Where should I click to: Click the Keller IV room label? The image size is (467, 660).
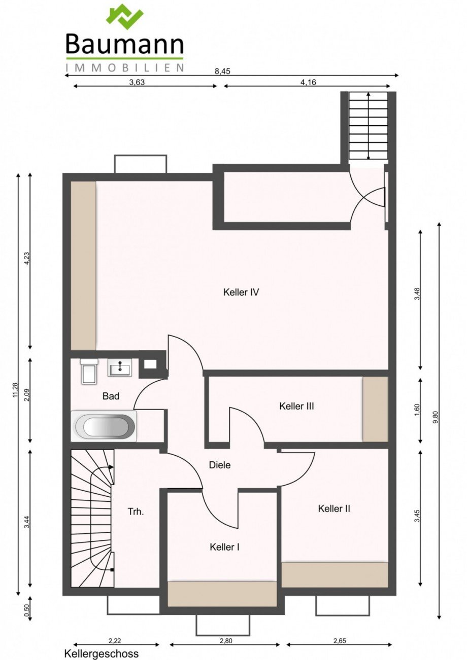pyautogui.click(x=241, y=292)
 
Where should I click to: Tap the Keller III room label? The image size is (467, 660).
pyautogui.click(x=296, y=406)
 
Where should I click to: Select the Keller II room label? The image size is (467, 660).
pyautogui.click(x=334, y=508)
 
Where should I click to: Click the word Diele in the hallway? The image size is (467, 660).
pyautogui.click(x=219, y=465)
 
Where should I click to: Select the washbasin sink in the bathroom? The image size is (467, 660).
pyautogui.click(x=120, y=367)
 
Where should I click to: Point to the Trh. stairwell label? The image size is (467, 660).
pyautogui.click(x=136, y=511)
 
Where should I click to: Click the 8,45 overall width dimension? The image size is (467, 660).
pyautogui.click(x=222, y=71)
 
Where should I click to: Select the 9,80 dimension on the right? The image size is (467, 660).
pyautogui.click(x=436, y=417)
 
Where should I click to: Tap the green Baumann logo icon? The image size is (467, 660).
pyautogui.click(x=125, y=17)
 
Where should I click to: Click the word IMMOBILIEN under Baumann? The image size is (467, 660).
pyautogui.click(x=124, y=67)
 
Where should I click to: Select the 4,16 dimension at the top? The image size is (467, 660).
pyautogui.click(x=308, y=82)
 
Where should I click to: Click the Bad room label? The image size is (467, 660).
pyautogui.click(x=111, y=396)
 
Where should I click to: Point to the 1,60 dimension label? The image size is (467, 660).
pyautogui.click(x=417, y=410)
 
